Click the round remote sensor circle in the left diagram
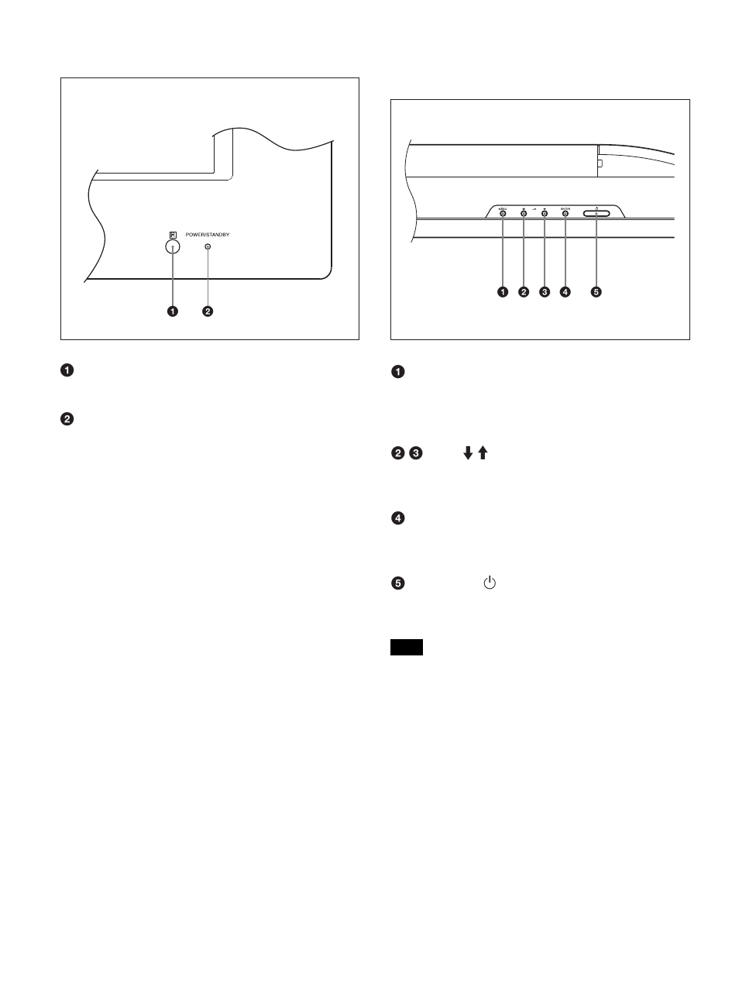coord(173,246)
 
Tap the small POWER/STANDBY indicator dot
coord(208,246)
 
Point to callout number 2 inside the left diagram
coord(208,311)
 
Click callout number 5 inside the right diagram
coord(596,292)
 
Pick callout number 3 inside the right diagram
coord(545,292)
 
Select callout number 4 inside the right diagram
coord(565,292)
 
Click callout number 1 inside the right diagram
coord(503,292)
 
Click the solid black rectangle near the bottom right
coord(407,648)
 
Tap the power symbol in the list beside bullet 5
coord(489,582)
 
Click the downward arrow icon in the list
coord(468,454)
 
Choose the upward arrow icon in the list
coord(482,454)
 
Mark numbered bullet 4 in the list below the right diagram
coord(398,518)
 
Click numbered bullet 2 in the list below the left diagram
coord(68,419)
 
